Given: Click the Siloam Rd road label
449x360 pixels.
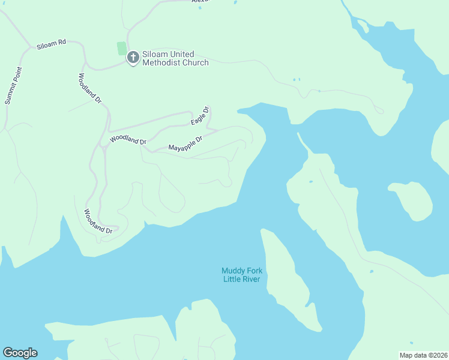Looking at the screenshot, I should [x=51, y=46].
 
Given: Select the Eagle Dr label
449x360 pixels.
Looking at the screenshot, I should [x=200, y=116].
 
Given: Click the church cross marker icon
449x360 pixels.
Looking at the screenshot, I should [x=133, y=58].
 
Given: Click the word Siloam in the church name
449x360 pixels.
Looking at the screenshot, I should [x=155, y=54].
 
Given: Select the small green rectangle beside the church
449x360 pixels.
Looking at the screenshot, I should [x=122, y=48].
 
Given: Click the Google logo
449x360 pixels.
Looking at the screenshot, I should [x=20, y=353].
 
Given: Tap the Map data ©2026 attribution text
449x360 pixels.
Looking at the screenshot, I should [x=423, y=355].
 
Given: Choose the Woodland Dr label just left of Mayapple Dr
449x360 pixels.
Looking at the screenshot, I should [x=128, y=140].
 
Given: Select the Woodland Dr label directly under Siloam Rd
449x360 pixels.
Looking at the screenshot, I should [x=90, y=88].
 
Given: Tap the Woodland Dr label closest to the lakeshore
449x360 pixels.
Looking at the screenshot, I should [x=98, y=221].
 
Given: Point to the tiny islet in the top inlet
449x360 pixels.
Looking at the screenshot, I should [x=363, y=26].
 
